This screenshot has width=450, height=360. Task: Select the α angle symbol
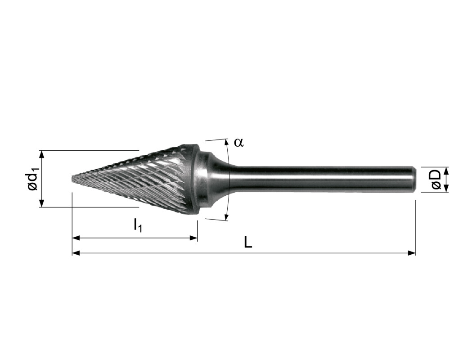(x=238, y=142)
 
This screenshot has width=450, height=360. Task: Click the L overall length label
(x=248, y=243)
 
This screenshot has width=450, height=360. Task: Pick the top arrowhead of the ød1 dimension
(x=42, y=153)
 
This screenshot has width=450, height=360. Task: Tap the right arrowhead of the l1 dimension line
(x=194, y=238)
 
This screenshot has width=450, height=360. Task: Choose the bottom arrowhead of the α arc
(x=226, y=218)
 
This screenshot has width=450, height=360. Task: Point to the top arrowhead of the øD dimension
(x=446, y=170)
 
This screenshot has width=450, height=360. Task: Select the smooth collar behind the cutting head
(x=205, y=180)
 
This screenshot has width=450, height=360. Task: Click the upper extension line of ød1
(x=90, y=150)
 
